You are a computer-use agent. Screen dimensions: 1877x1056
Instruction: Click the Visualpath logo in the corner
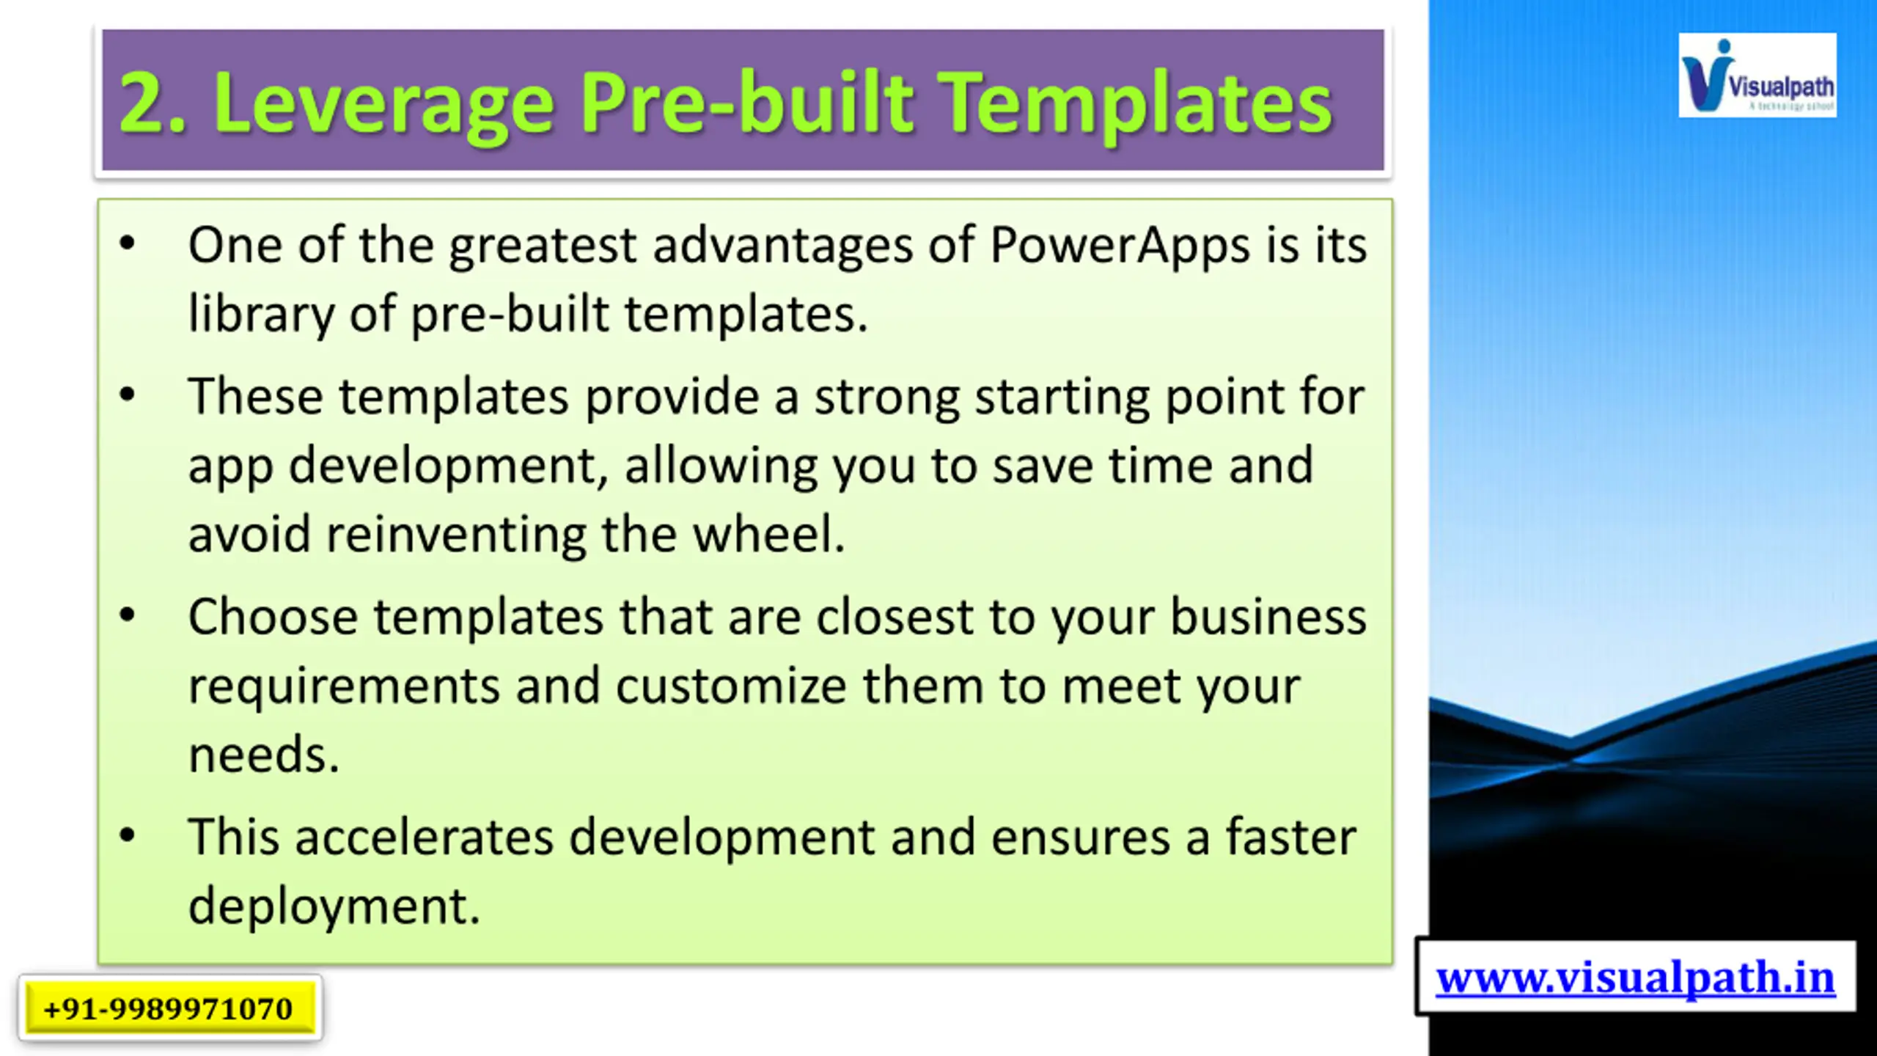(x=1757, y=75)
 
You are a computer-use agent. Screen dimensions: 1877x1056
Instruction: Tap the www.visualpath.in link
(x=1635, y=978)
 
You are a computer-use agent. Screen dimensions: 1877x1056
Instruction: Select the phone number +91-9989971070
(x=168, y=1008)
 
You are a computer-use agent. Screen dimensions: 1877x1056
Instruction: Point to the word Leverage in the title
(x=383, y=106)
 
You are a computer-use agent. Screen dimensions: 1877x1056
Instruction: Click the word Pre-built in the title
(x=748, y=103)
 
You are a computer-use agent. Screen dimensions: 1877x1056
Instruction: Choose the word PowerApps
(x=1120, y=246)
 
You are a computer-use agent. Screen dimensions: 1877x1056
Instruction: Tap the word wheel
(x=769, y=533)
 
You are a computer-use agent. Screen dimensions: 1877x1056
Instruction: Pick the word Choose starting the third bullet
(x=273, y=616)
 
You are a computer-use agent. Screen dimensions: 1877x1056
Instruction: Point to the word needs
(x=264, y=754)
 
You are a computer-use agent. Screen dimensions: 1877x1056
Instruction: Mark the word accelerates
(x=424, y=837)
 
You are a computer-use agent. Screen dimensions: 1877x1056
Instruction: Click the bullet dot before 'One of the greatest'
(x=128, y=243)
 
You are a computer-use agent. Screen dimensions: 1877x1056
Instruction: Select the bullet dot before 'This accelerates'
(x=128, y=835)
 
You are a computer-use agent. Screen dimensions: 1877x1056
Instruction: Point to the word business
(x=1268, y=616)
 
